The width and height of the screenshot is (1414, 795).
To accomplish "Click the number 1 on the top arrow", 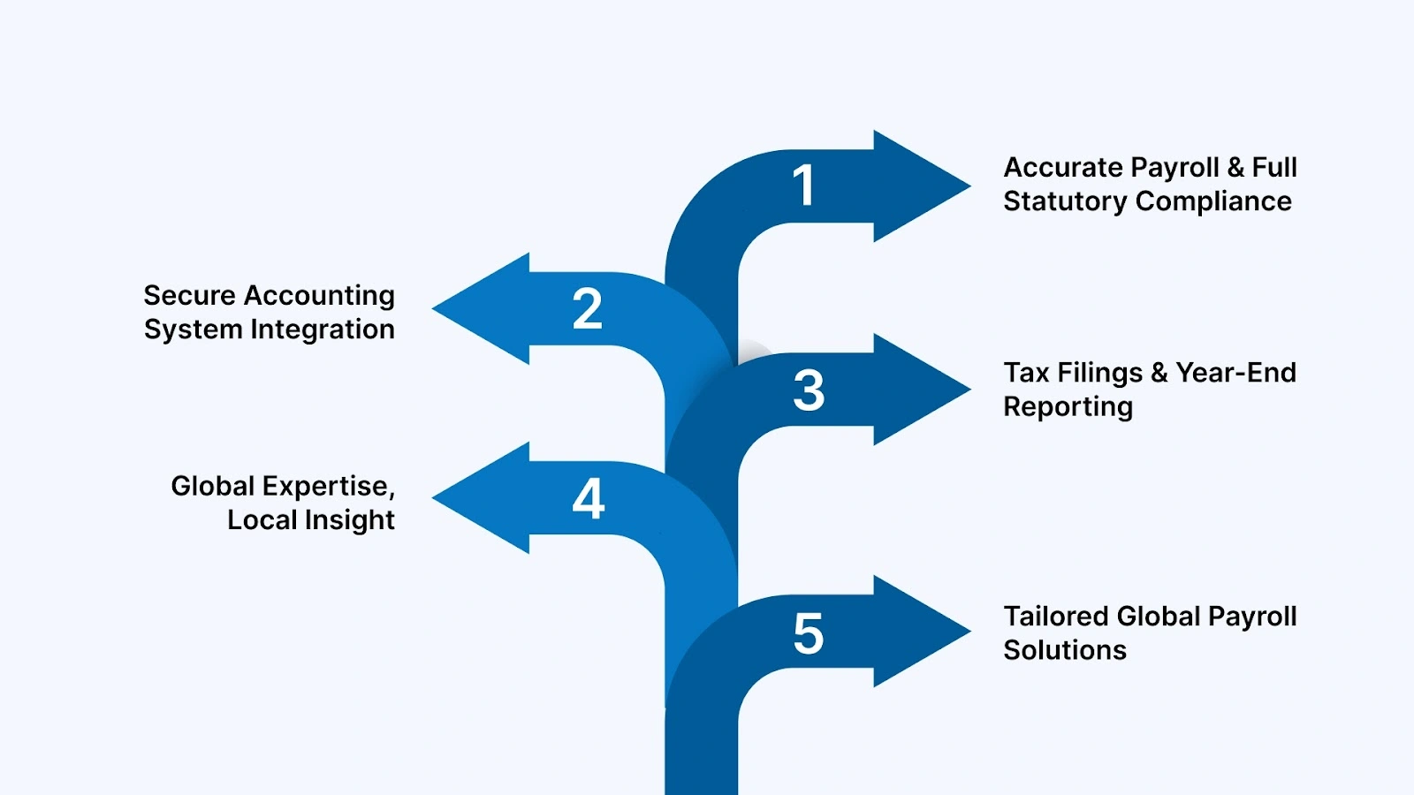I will click(x=803, y=185).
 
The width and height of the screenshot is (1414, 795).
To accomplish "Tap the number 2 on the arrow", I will click(x=588, y=309).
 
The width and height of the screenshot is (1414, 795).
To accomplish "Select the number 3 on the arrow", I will click(x=809, y=390).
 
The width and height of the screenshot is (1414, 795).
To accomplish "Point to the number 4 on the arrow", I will click(x=589, y=499).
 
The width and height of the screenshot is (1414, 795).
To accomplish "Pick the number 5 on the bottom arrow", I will click(x=809, y=634).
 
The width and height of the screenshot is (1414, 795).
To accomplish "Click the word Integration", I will click(x=323, y=329).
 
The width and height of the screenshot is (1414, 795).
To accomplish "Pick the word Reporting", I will click(x=1068, y=407).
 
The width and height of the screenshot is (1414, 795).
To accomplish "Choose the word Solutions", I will click(x=1065, y=650).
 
